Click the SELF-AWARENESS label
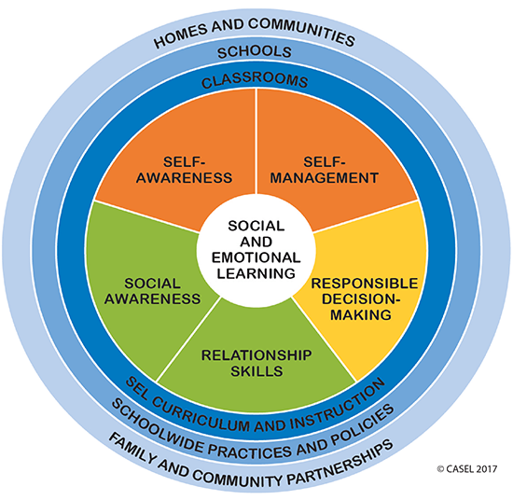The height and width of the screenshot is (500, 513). pos(184,170)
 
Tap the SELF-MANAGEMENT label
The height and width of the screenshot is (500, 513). pos(325,170)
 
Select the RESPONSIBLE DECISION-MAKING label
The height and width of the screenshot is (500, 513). pos(364,299)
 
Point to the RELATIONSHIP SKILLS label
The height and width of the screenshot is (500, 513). pos(256,363)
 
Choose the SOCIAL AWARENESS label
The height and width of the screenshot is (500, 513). pos(152,291)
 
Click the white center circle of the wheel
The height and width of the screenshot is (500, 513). pos(256,251)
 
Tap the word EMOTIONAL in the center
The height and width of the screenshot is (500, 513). pos(256,257)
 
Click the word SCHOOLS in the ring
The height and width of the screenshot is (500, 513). pos(255,52)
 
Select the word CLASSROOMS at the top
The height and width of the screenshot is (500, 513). pos(255,80)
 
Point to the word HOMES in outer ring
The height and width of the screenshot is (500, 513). pos(181,36)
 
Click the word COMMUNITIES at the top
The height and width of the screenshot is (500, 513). pos(301,31)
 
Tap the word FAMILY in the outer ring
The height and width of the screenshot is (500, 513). pos(132,450)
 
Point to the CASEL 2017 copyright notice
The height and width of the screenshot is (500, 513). pos(467,469)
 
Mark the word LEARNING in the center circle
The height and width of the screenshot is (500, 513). pos(256,273)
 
